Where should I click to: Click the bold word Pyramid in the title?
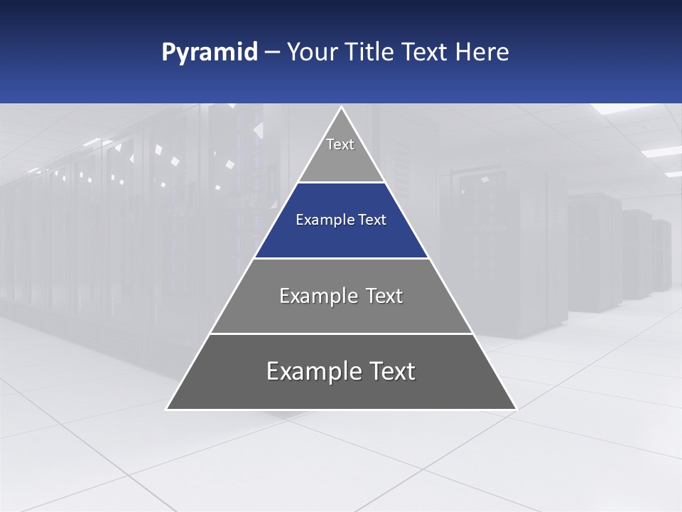(210, 53)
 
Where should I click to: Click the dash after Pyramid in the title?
(272, 53)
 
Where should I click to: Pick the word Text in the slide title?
(425, 53)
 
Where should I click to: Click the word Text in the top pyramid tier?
(340, 144)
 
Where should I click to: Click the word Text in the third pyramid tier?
(384, 296)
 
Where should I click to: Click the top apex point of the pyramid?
(341, 107)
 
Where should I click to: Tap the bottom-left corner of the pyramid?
(167, 409)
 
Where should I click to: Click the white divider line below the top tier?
(341, 183)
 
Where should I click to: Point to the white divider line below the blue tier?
(341, 258)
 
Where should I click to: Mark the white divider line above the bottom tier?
(341, 334)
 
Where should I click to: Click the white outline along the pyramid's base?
(341, 410)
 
